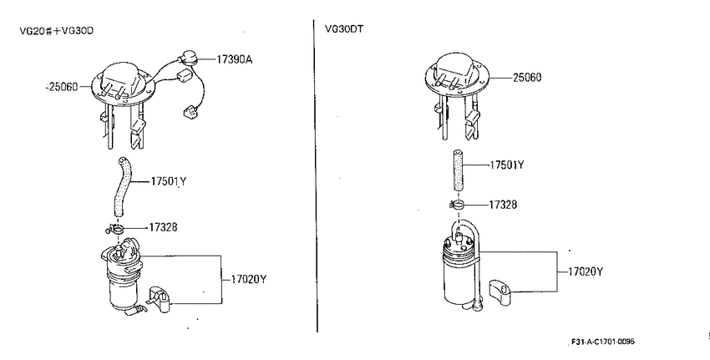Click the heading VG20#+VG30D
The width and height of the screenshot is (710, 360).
pyautogui.click(x=57, y=31)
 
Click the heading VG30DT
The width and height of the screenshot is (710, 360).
pyautogui.click(x=343, y=29)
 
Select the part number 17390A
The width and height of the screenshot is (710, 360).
pyautogui.click(x=234, y=58)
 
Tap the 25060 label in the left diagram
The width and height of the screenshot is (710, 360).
pyautogui.click(x=63, y=87)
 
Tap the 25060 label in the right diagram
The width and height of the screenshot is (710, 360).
pyautogui.click(x=527, y=78)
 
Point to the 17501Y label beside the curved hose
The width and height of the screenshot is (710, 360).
pyautogui.click(x=169, y=181)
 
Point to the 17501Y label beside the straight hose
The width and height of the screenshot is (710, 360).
pyautogui.click(x=507, y=165)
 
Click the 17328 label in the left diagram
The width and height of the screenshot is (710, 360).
pyautogui.click(x=163, y=227)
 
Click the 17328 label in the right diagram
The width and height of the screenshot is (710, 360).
pyautogui.click(x=503, y=205)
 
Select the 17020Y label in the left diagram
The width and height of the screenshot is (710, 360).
pyautogui.click(x=249, y=279)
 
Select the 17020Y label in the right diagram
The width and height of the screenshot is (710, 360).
pyautogui.click(x=586, y=271)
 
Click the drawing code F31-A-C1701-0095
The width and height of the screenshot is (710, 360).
pyautogui.click(x=603, y=342)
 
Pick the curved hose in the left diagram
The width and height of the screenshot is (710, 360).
pyautogui.click(x=122, y=186)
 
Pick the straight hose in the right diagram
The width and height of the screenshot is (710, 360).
pyautogui.click(x=458, y=172)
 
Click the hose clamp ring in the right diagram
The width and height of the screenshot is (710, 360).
pyautogui.click(x=458, y=205)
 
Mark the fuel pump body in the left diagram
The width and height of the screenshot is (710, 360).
pyautogui.click(x=122, y=276)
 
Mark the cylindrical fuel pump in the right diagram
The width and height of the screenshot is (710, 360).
pyautogui.click(x=459, y=267)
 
